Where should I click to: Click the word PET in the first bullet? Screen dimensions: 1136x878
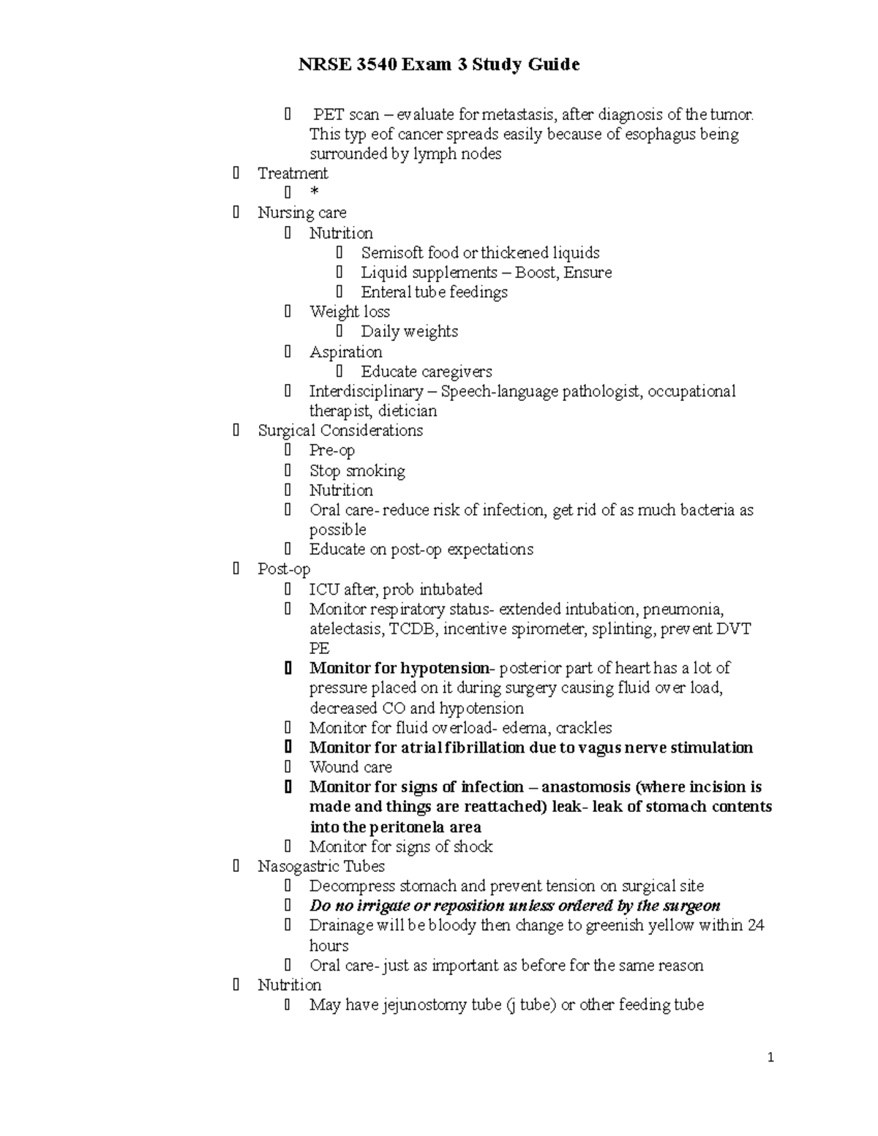[329, 115]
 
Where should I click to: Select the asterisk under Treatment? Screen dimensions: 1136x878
[315, 192]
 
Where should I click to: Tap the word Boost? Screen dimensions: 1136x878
[536, 273]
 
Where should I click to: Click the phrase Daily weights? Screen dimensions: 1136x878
[409, 331]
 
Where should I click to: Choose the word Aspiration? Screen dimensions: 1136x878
[345, 352]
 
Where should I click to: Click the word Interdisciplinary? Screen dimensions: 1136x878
[366, 391]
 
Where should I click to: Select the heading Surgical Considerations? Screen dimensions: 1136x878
[340, 431]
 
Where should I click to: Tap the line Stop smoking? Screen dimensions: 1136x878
[357, 470]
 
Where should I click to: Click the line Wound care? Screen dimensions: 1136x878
[350, 767]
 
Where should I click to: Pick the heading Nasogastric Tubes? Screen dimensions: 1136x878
[321, 866]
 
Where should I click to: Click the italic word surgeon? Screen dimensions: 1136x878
[691, 906]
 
